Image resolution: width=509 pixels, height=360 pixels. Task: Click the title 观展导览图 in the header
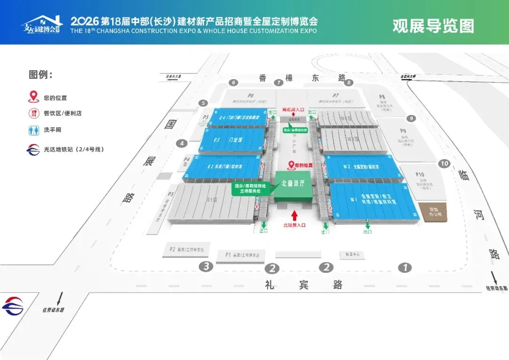click(433, 25)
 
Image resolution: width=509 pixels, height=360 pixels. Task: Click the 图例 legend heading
click(41, 75)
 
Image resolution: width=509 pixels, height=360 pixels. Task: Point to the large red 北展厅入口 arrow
click(294, 216)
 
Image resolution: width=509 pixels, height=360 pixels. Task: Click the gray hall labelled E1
click(212, 200)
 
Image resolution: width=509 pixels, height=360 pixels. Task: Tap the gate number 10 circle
click(444, 164)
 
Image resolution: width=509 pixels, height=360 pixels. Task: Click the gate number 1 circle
click(404, 268)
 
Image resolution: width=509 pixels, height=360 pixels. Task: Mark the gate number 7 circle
click(279, 83)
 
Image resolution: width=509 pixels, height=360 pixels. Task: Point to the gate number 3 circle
click(205, 266)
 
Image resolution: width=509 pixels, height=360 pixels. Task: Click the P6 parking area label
click(251, 95)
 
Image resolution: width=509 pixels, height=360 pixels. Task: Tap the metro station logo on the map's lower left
click(13, 306)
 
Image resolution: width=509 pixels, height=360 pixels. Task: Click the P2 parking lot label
click(172, 249)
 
